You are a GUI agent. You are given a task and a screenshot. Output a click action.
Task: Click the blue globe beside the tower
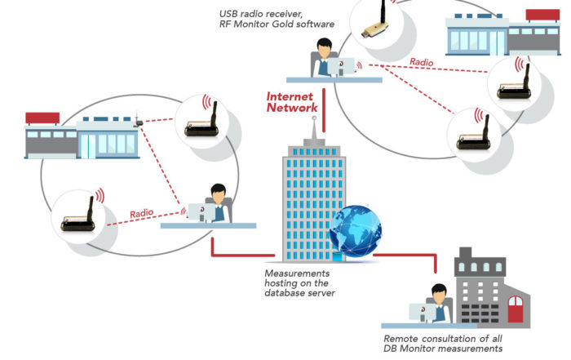point(356,231)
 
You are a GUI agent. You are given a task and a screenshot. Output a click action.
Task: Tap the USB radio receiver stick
point(376,23)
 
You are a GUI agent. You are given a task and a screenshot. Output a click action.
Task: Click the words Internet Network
point(292,102)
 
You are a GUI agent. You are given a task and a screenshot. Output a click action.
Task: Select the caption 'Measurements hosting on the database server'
point(299,283)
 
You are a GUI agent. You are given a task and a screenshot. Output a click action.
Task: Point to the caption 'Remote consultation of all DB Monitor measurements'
point(443,344)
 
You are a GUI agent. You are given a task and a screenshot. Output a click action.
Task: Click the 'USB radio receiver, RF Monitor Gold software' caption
point(277,19)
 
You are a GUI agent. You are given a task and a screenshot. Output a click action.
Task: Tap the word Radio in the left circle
point(142,213)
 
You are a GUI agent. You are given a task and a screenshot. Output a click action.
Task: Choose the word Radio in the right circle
point(422,62)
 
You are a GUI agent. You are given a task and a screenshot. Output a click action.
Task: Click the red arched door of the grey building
point(516,309)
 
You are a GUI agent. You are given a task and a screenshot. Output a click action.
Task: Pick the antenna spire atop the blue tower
point(314,128)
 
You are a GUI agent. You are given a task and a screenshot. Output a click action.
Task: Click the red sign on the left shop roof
point(42,118)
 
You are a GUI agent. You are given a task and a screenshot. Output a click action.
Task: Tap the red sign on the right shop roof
point(542,15)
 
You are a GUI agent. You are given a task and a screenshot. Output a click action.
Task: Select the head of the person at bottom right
point(439,294)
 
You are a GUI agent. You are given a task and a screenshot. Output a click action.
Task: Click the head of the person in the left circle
point(218,193)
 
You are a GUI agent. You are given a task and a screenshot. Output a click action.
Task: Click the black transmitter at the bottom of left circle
point(77,216)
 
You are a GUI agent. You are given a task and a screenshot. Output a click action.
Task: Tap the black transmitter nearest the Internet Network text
point(201,122)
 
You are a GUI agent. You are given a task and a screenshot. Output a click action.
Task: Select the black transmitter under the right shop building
point(514,83)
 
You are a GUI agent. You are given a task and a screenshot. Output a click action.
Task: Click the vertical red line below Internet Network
point(324,110)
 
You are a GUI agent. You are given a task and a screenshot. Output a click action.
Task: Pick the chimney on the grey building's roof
point(466,252)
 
